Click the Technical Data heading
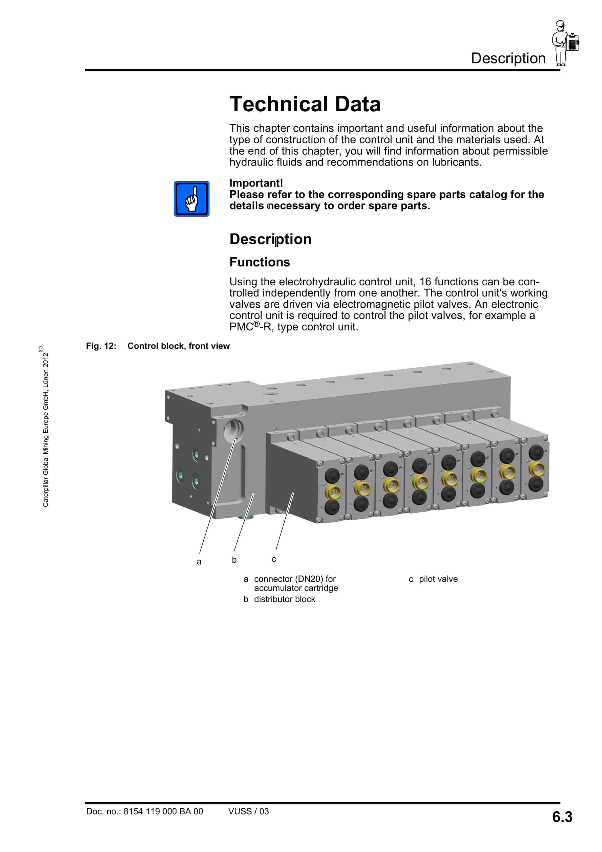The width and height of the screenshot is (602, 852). point(305,104)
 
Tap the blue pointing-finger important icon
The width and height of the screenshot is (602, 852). point(191,199)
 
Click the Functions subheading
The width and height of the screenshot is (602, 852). point(260,262)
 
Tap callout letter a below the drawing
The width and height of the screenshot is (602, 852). point(199,562)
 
